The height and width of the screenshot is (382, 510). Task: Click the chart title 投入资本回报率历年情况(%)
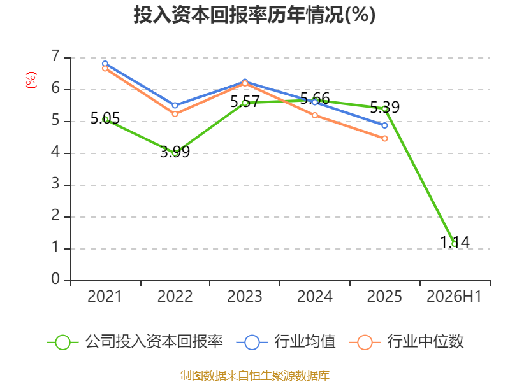tap(254, 15)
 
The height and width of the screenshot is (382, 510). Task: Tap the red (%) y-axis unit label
tap(31, 80)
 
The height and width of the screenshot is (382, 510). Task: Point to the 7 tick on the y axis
tap(55, 57)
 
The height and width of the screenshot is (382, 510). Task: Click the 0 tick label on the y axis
tap(55, 279)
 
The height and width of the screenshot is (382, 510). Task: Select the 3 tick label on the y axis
tap(55, 184)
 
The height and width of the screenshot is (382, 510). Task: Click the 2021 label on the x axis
tap(105, 296)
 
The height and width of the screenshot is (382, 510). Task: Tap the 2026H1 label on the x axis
tap(454, 296)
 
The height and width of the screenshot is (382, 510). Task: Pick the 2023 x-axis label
tap(245, 296)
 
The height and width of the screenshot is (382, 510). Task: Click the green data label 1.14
tap(455, 242)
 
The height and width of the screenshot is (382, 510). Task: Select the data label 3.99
tap(175, 152)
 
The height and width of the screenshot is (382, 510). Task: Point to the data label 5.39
tap(385, 107)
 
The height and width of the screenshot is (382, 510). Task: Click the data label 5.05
tap(105, 118)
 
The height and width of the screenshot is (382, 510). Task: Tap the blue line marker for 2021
tap(105, 64)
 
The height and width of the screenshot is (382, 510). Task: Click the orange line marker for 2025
tap(385, 138)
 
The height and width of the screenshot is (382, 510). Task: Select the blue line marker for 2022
tap(175, 106)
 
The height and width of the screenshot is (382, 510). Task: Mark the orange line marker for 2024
tap(315, 115)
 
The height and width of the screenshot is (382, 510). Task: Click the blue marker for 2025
tap(385, 125)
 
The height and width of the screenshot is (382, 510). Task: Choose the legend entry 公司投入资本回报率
tap(135, 342)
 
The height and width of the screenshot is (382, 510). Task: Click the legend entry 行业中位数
tap(407, 342)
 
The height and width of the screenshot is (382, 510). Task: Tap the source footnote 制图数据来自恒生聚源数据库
tap(255, 375)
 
